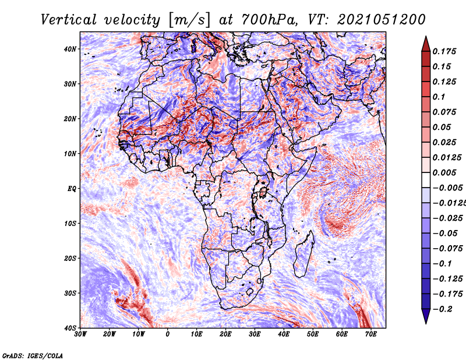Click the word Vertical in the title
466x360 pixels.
(69, 20)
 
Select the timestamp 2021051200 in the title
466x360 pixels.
(381, 20)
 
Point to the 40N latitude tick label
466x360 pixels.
(70, 49)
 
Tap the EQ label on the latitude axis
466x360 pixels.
(72, 189)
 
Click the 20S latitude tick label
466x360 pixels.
(70, 258)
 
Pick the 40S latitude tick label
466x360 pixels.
(70, 328)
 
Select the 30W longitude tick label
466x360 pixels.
(80, 334)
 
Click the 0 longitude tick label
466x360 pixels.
(168, 334)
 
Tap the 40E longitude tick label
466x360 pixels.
(284, 334)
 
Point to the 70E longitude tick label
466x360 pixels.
(371, 334)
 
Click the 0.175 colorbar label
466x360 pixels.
(444, 51)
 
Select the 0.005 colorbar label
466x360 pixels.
(444, 172)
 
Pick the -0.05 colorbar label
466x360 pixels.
(444, 233)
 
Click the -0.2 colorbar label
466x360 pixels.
(442, 309)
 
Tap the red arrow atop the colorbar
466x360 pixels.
(426, 44)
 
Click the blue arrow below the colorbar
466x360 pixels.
(426, 316)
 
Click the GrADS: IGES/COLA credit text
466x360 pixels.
(33, 355)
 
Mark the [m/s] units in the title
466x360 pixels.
(189, 20)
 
